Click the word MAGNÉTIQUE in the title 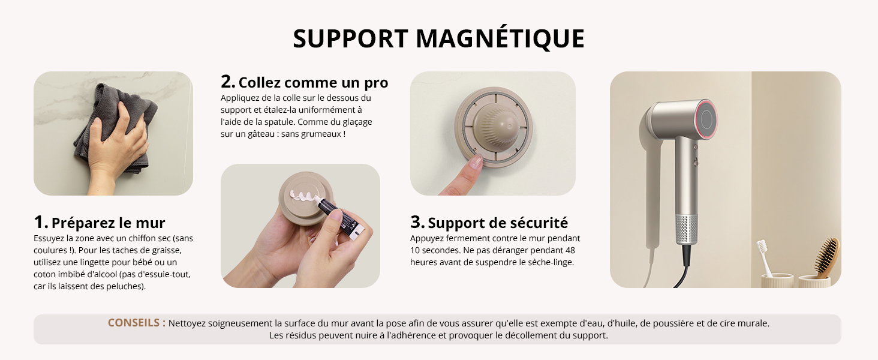pos(500,38)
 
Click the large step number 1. pos(40,222)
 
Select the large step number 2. pos(227,82)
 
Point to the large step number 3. pos(417,222)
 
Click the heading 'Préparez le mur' pos(108,223)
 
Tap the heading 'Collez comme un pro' pos(313,82)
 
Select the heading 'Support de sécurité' pos(498,223)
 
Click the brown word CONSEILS pos(136,323)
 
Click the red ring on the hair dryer pos(707,120)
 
